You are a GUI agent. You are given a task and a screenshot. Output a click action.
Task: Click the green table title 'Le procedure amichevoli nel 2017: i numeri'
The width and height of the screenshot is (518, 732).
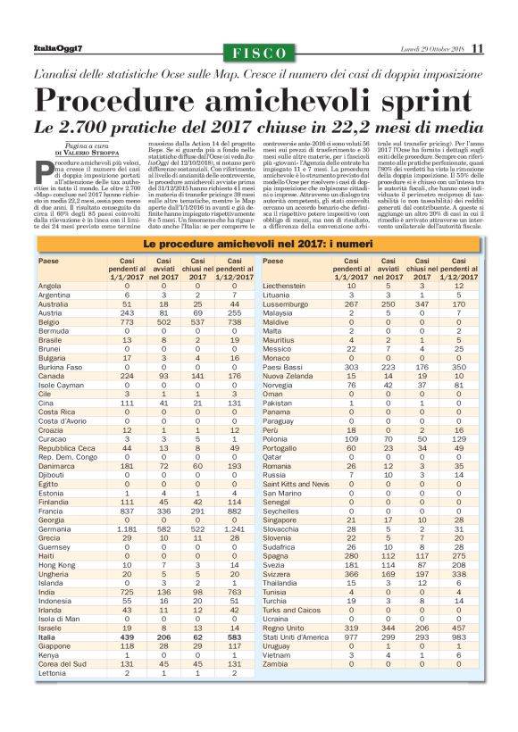259,244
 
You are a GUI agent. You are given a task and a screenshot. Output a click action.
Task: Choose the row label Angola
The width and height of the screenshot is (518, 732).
50,286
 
